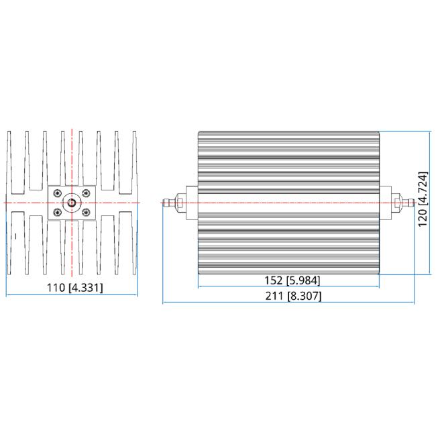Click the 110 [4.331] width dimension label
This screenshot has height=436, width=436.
click(75, 288)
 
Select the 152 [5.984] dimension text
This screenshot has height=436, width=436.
click(292, 280)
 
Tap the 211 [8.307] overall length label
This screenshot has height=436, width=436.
click(293, 296)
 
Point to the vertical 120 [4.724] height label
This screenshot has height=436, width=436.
click(423, 199)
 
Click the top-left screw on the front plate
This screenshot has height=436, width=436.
click(58, 193)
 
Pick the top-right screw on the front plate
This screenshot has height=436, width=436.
click(87, 193)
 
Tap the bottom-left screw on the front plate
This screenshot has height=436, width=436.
click(58, 213)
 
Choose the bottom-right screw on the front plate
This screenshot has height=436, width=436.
click(87, 213)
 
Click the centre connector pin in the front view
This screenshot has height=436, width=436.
click(72, 203)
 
